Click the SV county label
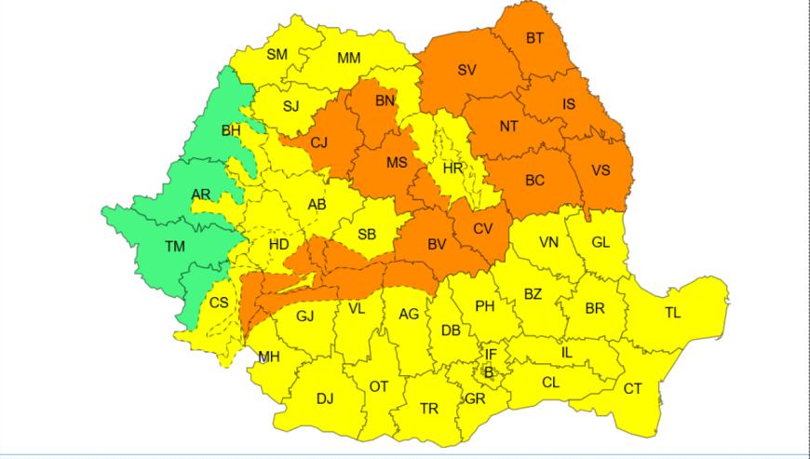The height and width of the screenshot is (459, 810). [466, 70]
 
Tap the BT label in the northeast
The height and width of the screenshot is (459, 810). [534, 38]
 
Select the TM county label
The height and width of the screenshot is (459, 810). [174, 247]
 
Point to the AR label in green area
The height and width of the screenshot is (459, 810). [200, 195]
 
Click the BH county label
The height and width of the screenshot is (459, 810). [230, 130]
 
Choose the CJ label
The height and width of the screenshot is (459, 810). [319, 142]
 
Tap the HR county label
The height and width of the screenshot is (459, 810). [453, 169]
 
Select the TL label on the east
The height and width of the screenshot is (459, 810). [672, 313]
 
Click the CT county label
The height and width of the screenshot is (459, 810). [632, 389]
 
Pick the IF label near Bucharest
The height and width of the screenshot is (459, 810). [491, 355]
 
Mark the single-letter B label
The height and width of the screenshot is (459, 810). [487, 372]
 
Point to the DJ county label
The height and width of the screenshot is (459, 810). [324, 398]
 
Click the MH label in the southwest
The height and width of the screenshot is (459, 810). [269, 357]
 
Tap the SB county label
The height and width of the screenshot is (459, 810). [367, 235]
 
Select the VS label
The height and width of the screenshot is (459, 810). [601, 170]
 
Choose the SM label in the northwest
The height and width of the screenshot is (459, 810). [277, 54]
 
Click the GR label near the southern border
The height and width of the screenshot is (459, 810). [475, 398]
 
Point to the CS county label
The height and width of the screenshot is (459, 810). [219, 303]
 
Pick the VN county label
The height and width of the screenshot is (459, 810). [548, 242]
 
